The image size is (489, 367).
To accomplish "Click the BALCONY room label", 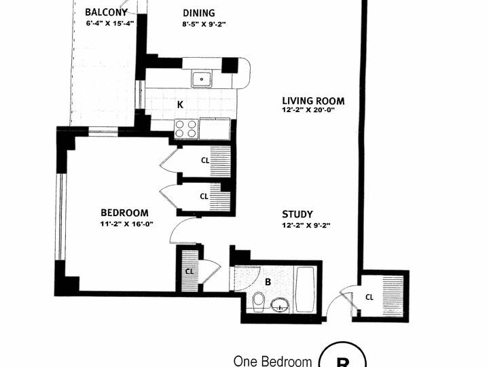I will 106,12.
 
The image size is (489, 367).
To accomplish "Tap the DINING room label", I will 199,13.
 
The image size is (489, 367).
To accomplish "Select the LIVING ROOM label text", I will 313,101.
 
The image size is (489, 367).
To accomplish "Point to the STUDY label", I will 297,214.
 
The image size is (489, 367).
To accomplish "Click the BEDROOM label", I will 124,213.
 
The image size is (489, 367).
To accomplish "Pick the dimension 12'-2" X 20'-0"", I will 308,110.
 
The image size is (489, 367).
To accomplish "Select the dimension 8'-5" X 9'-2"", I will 204,24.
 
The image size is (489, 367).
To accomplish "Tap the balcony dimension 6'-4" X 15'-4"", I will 110,23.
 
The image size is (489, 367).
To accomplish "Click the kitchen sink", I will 202,80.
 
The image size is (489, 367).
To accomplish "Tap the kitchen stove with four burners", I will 187,128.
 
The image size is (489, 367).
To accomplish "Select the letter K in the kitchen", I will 180,105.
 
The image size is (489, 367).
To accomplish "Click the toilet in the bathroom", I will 257,301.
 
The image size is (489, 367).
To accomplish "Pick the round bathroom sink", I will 280,304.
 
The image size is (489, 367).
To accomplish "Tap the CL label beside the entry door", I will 369,296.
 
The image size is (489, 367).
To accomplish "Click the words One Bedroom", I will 272,361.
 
